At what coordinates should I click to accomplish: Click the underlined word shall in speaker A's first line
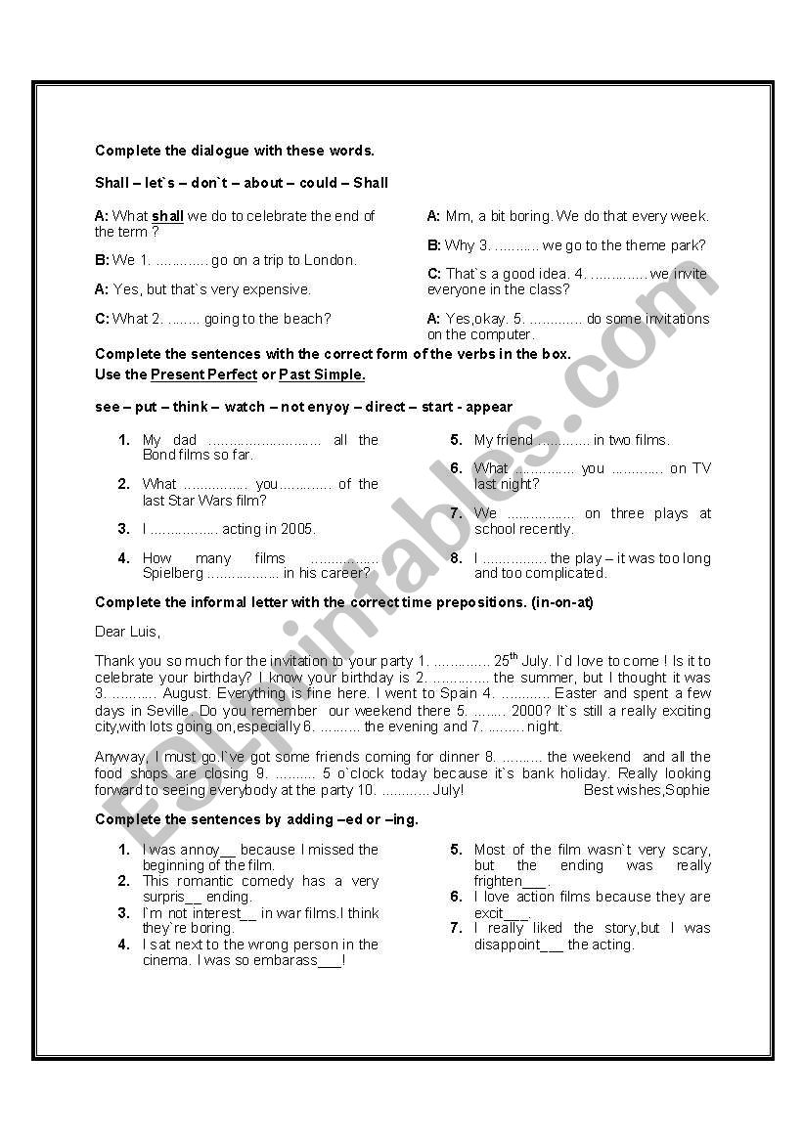click(167, 216)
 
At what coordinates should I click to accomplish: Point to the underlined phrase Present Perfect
click(203, 374)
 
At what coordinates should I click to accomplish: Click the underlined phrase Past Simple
click(322, 374)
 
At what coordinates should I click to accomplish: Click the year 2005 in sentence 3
click(298, 529)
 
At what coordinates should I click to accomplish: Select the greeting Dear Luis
click(127, 632)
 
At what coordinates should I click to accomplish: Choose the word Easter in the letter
click(575, 693)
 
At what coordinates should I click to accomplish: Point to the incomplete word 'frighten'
click(499, 881)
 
